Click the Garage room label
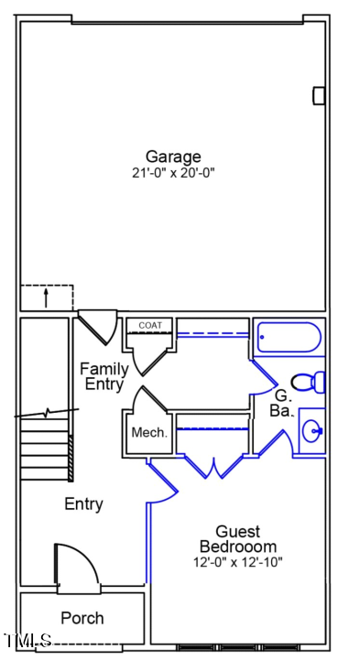pyautogui.click(x=172, y=157)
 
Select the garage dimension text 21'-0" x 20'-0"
pyautogui.click(x=172, y=172)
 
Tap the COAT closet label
pyautogui.click(x=149, y=325)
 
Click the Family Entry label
pyautogui.click(x=104, y=376)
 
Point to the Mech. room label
pyautogui.click(x=149, y=433)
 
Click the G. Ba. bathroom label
pyautogui.click(x=283, y=403)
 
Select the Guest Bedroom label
pyautogui.click(x=237, y=539)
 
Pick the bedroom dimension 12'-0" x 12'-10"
pyautogui.click(x=237, y=562)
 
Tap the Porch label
pyautogui.click(x=82, y=618)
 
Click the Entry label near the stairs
pyautogui.click(x=83, y=503)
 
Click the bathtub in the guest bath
pyautogui.click(x=288, y=338)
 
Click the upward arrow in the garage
pyautogui.click(x=46, y=298)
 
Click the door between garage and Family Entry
pyautogui.click(x=97, y=325)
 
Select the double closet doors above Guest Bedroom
pyautogui.click(x=213, y=465)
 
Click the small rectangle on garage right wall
pyautogui.click(x=319, y=95)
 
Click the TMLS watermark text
pyautogui.click(x=28, y=641)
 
